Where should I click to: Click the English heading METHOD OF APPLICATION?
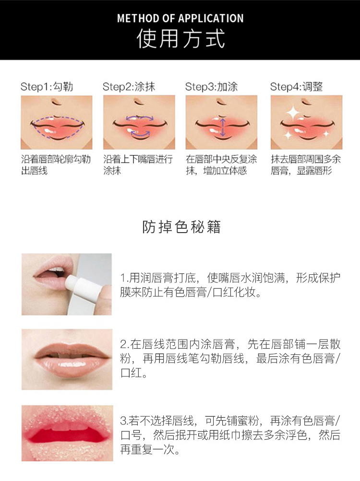180,18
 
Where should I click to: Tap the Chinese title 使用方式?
180,39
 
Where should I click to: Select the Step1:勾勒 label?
47,87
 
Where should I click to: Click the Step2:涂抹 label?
129,87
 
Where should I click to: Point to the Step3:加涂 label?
211,87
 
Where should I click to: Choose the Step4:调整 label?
297,87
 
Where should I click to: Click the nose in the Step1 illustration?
55,102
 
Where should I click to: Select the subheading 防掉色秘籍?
181,227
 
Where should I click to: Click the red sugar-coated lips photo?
67,433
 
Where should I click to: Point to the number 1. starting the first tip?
124,278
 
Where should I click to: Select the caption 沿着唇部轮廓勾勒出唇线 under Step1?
56,165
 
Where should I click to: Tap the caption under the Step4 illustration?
306,165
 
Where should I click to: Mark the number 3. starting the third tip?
124,421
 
